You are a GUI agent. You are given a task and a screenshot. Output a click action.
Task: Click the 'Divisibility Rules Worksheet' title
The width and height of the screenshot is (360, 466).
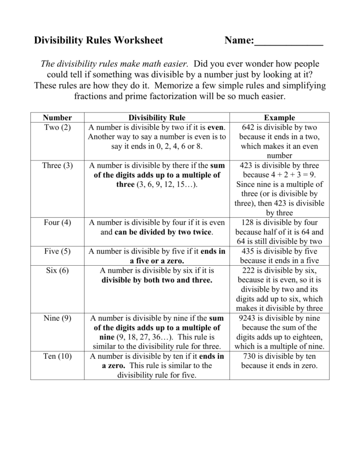pyautogui.click(x=99, y=40)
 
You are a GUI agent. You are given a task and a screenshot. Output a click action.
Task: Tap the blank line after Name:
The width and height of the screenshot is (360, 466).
pyautogui.click(x=288, y=42)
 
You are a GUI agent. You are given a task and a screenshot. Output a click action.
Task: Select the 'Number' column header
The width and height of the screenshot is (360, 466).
pyautogui.click(x=57, y=117)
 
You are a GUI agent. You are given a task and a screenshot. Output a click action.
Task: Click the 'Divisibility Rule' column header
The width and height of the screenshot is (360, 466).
pyautogui.click(x=157, y=117)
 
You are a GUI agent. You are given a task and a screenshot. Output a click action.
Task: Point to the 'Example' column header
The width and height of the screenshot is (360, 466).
pyautogui.click(x=279, y=117)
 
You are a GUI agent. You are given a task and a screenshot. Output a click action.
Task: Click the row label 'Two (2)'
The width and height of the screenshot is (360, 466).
pyautogui.click(x=57, y=127)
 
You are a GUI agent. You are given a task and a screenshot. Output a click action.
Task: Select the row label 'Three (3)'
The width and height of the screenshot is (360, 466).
pyautogui.click(x=57, y=165)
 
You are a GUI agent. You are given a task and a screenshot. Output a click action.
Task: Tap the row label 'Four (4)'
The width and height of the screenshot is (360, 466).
pyautogui.click(x=57, y=222)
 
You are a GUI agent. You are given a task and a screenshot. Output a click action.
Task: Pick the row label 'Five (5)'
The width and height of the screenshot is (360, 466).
pyautogui.click(x=57, y=251)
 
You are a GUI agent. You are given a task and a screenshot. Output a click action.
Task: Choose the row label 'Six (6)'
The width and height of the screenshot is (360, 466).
pyautogui.click(x=57, y=270)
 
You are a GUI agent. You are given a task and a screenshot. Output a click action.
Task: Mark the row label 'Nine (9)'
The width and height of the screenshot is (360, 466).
pyautogui.click(x=57, y=318)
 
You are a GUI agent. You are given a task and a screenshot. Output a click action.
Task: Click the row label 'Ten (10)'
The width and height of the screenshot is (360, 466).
pyautogui.click(x=57, y=356)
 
